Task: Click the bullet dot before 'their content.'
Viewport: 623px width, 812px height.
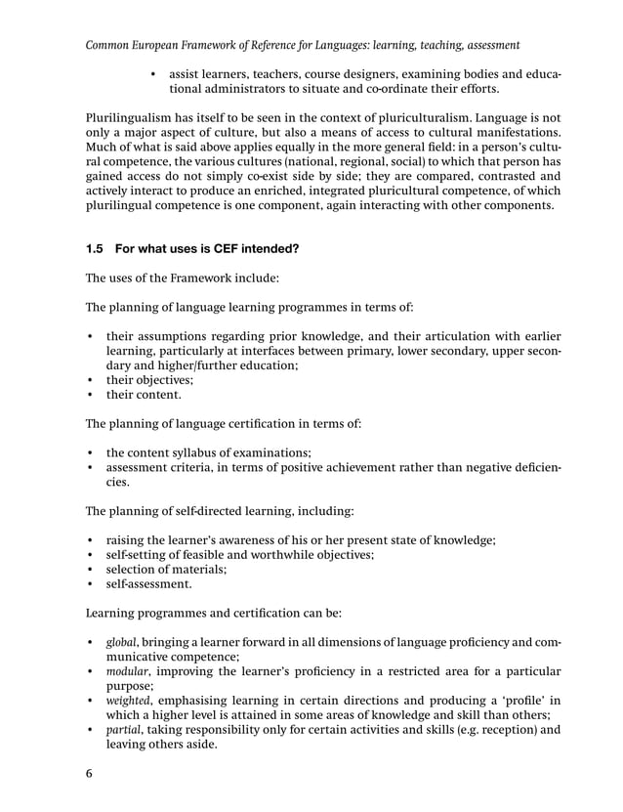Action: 91,396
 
